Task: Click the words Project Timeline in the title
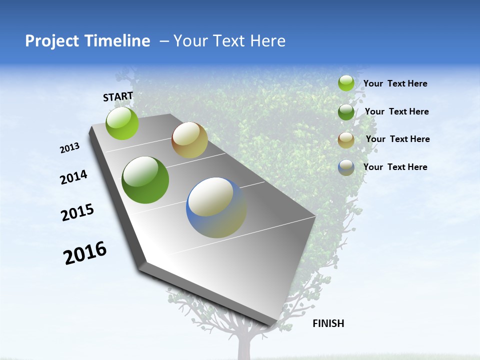click(87, 41)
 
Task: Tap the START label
click(118, 96)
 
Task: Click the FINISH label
click(328, 323)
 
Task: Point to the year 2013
click(70, 148)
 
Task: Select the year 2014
click(74, 177)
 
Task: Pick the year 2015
click(77, 212)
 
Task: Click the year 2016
click(85, 253)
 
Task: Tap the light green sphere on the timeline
click(122, 123)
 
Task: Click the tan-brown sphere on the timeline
click(189, 140)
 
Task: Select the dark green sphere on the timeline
click(145, 180)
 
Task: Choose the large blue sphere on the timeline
click(216, 207)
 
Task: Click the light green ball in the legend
click(346, 83)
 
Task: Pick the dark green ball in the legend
click(346, 112)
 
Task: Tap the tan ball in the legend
click(346, 140)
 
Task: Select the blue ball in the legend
click(346, 167)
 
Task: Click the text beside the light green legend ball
click(395, 84)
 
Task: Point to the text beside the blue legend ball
click(395, 167)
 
